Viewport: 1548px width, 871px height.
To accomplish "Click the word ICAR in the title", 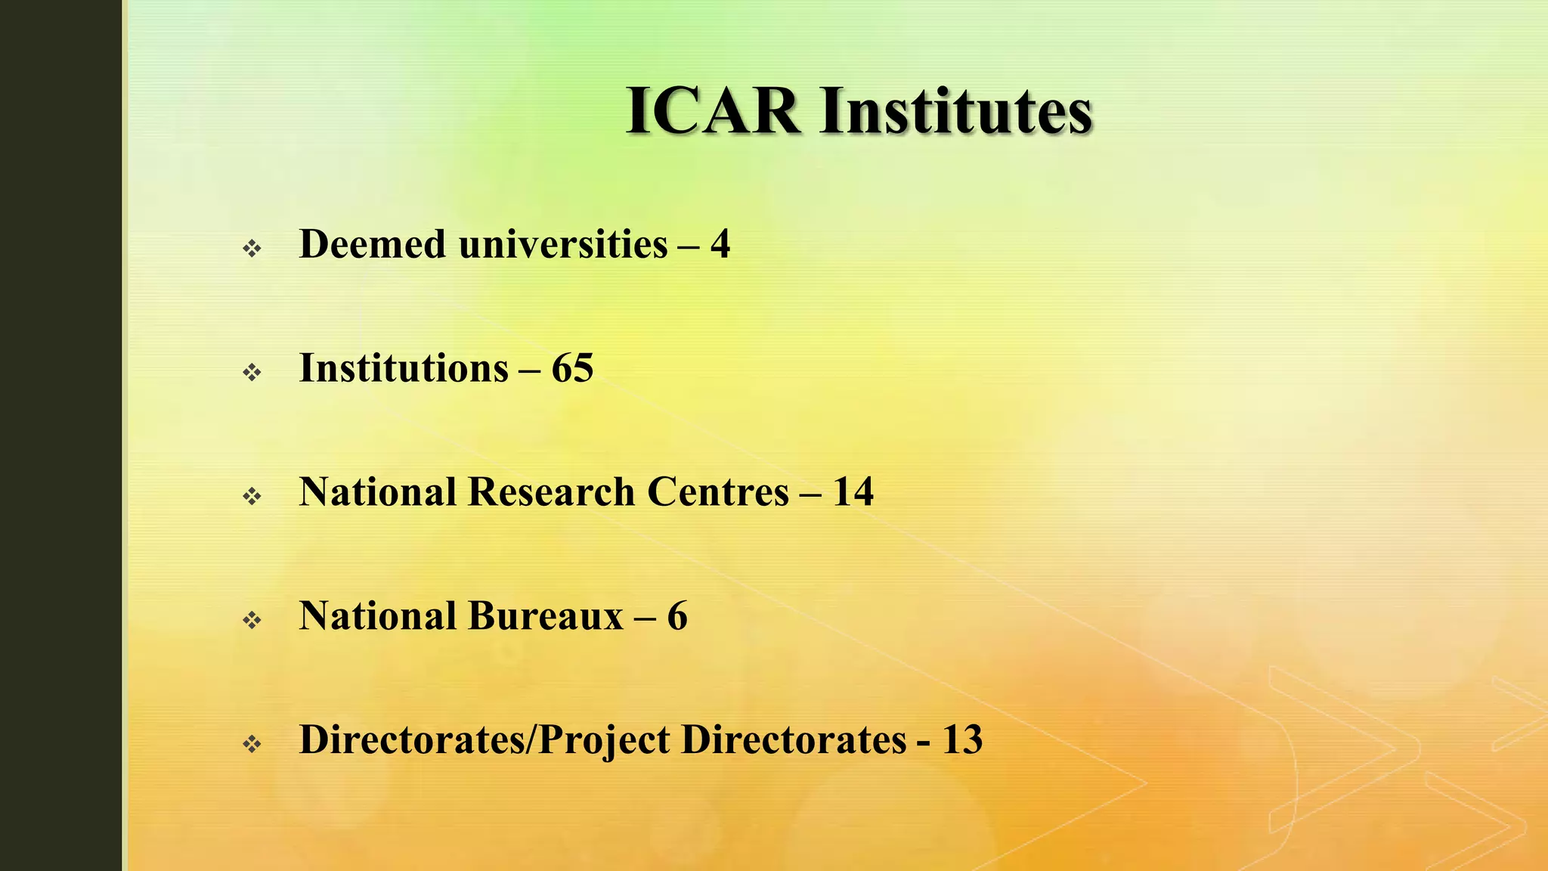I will point(713,112).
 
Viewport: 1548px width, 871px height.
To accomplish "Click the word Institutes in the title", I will point(956,112).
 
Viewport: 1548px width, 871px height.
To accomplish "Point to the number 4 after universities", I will point(720,244).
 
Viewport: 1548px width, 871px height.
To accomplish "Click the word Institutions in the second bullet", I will point(404,368).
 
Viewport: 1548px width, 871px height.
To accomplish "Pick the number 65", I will point(572,368).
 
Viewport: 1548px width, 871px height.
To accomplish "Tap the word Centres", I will point(718,492).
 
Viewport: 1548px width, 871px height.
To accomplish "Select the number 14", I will point(853,492).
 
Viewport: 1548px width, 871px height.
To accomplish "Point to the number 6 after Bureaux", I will point(677,616).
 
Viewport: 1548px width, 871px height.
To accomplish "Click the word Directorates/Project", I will point(485,740).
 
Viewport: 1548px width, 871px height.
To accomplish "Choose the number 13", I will point(961,740).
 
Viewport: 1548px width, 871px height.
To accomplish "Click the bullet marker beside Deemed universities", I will point(252,248).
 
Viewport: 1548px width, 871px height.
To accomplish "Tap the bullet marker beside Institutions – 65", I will point(252,372).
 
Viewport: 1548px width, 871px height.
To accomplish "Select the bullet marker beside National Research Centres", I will point(252,496).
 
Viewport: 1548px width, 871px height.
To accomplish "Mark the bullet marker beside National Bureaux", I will point(252,620).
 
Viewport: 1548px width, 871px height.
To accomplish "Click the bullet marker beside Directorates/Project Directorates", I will point(252,744).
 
